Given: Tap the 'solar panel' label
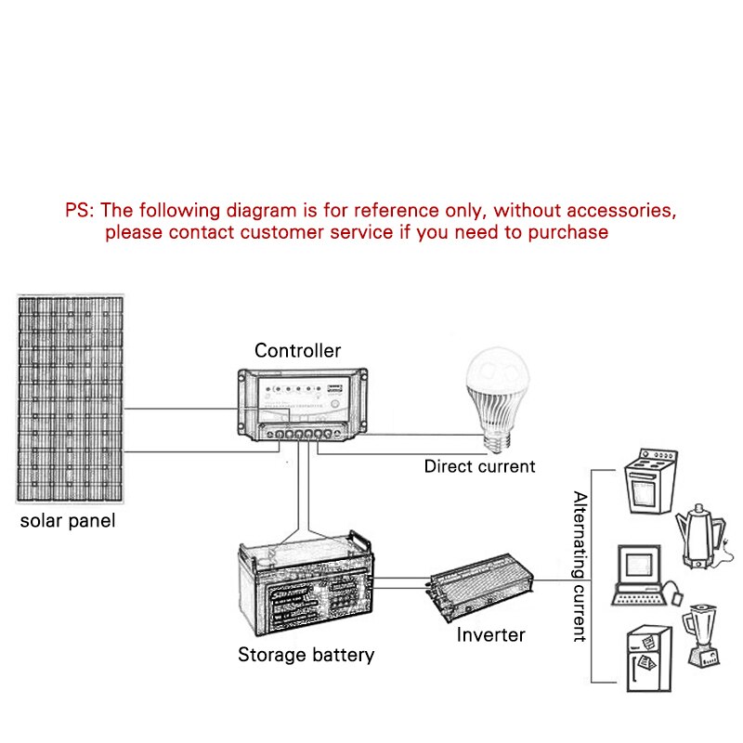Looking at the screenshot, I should [68, 520].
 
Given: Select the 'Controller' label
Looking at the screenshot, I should [297, 350].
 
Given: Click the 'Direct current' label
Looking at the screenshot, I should [479, 466].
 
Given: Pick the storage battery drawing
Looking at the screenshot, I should [306, 585].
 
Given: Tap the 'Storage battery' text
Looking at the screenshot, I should [306, 655].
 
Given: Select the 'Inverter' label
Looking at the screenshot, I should [490, 635].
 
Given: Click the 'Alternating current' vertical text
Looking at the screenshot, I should [580, 567].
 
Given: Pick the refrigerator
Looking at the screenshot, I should [647, 658].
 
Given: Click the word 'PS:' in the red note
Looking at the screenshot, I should [80, 210].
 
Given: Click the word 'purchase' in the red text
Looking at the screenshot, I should [568, 232].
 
